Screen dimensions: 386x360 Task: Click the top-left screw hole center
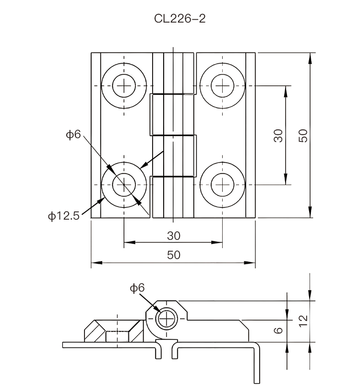point(124,86)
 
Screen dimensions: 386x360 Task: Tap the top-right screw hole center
point(223,86)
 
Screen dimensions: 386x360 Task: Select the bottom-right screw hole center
point(223,184)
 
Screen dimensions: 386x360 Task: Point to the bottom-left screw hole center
point(124,184)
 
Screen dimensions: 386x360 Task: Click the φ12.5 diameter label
point(63,216)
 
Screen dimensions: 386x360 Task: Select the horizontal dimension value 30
point(173,236)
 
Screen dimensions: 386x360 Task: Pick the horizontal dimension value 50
point(173,255)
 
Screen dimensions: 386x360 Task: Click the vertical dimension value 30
point(278,135)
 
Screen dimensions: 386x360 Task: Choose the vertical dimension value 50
point(302,135)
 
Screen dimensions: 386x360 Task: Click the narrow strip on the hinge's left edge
point(96,135)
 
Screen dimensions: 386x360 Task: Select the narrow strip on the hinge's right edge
point(250,135)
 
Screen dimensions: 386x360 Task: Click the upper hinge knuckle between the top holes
point(173,72)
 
